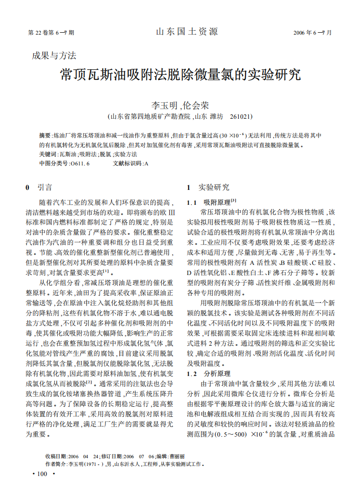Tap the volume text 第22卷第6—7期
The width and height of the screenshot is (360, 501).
coord(51,33)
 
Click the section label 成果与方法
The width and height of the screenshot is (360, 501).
coord(54,56)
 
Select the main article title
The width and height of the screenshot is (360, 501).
coord(180,75)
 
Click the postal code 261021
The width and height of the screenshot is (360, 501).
coord(242,117)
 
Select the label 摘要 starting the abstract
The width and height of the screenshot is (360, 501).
coord(45,136)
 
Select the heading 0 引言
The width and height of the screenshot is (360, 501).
coord(39,188)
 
